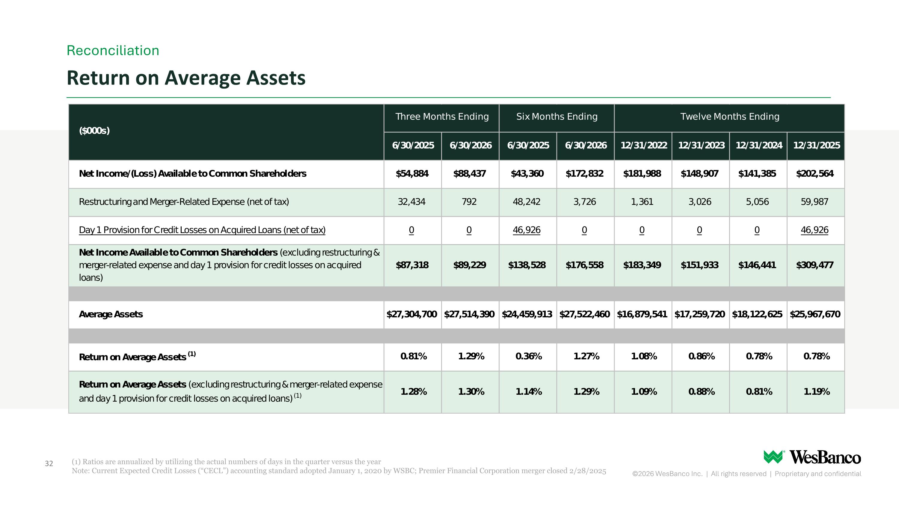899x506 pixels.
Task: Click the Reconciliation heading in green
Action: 113,51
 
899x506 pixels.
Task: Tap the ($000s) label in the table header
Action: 94,130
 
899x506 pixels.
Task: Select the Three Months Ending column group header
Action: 442,117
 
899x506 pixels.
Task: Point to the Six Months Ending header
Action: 557,117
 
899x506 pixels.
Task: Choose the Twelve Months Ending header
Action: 730,117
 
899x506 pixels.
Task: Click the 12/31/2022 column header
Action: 644,145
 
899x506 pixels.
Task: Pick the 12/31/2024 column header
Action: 759,145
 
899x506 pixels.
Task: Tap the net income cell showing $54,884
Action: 412,174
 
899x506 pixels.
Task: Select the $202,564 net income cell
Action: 814,174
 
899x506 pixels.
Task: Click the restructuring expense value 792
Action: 469,202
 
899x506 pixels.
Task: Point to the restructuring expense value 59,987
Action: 814,202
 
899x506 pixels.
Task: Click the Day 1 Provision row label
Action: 202,230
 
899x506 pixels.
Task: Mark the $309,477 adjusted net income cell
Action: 814,265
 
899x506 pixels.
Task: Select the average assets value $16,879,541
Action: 642,314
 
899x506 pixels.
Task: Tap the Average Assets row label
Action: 111,314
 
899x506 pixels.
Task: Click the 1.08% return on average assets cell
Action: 644,356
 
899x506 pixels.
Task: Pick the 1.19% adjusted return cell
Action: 817,391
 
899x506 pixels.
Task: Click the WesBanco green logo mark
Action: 773,457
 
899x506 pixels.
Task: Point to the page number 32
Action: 49,463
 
